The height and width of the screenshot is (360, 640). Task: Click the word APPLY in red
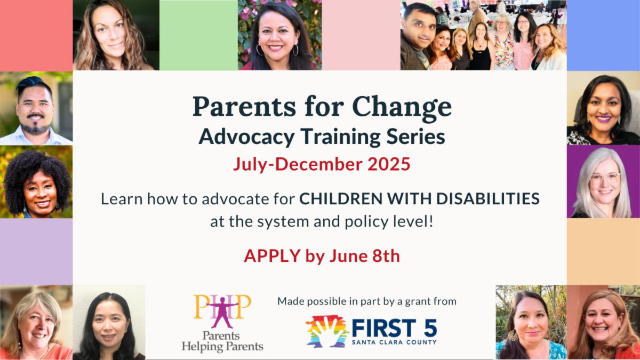[x=272, y=256]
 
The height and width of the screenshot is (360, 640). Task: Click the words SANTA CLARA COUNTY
[x=394, y=342]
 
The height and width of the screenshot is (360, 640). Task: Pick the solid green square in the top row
[x=198, y=35]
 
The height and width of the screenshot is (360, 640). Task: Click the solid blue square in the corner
[x=603, y=35]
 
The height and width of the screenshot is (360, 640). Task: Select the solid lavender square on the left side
[x=36, y=251]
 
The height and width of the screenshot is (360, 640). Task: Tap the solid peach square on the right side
[x=603, y=251]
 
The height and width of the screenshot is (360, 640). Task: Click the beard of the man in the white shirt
[x=36, y=127]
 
